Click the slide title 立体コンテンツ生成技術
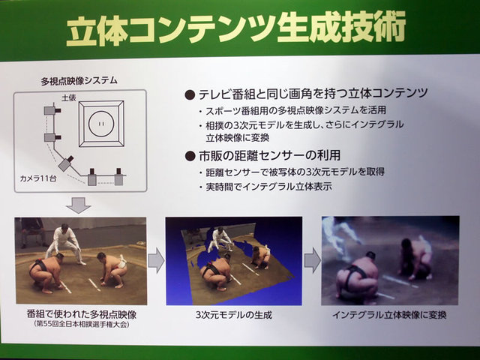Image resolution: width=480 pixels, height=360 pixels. click(x=235, y=30)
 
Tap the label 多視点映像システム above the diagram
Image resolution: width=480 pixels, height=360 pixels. click(x=79, y=81)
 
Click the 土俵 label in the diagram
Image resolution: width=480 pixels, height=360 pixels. click(x=69, y=98)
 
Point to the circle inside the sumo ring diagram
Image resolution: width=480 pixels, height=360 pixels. click(x=101, y=124)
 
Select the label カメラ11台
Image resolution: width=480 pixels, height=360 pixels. click(x=38, y=178)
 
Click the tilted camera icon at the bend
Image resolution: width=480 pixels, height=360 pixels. click(x=65, y=163)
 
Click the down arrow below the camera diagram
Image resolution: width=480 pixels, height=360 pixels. click(x=79, y=205)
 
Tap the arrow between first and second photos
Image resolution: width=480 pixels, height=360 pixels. click(x=157, y=260)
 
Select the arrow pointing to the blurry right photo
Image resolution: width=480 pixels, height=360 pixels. click(x=312, y=260)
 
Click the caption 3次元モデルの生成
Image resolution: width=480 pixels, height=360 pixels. click(x=234, y=315)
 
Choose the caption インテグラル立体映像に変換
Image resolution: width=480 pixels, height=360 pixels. click(x=389, y=315)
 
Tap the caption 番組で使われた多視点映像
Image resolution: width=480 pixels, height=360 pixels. click(x=82, y=314)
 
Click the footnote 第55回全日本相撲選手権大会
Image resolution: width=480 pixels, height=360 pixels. click(x=82, y=324)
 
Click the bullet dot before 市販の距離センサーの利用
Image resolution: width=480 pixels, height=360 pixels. click(x=190, y=157)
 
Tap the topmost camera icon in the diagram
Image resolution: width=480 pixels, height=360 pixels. click(x=52, y=110)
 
